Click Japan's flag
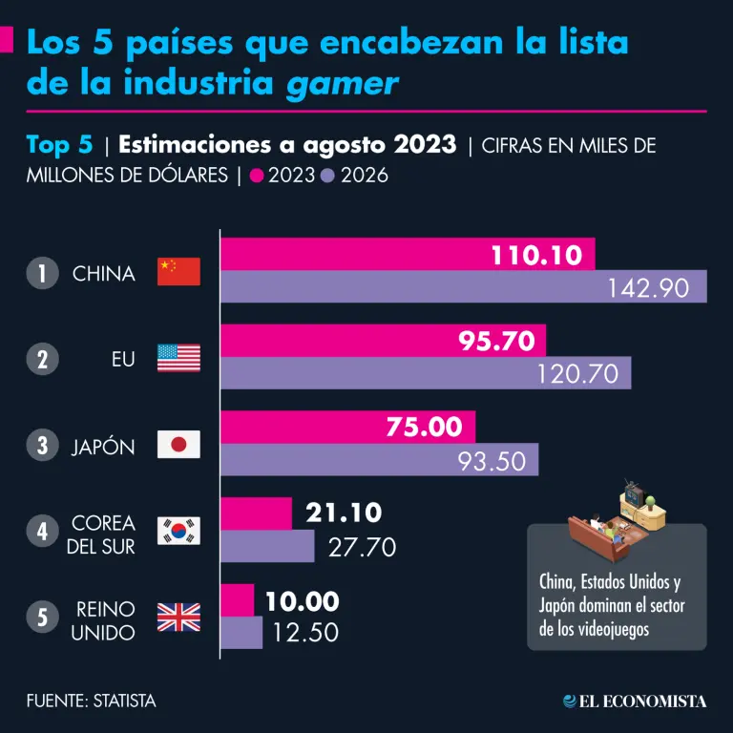click(x=178, y=445)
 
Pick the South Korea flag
click(x=178, y=531)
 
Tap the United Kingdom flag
click(x=178, y=617)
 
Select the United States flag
click(x=178, y=359)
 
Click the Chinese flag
click(x=178, y=272)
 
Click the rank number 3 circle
click(x=42, y=446)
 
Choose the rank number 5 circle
click(x=42, y=618)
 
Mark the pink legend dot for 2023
click(x=256, y=176)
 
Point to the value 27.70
click(x=362, y=547)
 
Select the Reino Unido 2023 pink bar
click(x=238, y=600)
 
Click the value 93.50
click(x=492, y=461)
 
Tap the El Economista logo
click(x=635, y=702)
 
